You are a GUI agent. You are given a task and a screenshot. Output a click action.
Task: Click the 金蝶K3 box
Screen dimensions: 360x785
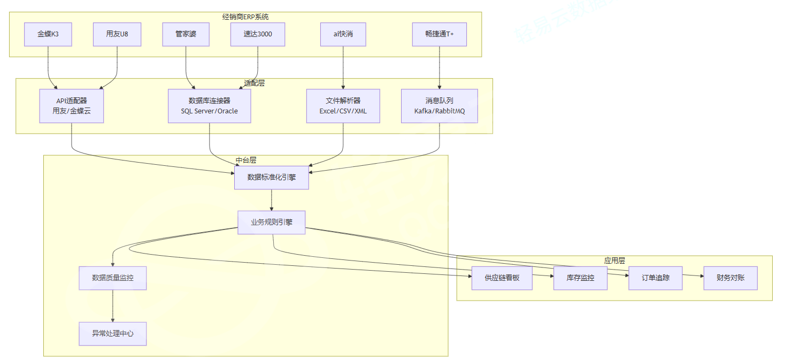pos(48,34)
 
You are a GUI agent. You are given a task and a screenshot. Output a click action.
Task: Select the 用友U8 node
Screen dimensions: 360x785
pos(117,34)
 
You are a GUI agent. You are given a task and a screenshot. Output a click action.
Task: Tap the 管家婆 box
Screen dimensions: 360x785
pos(186,34)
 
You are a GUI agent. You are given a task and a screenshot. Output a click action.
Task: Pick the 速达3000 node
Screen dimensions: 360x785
pos(258,34)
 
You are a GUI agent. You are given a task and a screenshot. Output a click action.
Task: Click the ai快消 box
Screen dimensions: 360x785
pos(343,34)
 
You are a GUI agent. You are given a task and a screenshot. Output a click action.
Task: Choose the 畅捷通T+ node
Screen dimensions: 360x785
pos(439,34)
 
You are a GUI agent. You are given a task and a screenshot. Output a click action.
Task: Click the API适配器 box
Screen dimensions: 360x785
pos(72,106)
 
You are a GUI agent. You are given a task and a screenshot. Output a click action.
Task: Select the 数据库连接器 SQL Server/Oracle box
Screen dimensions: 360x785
pos(209,106)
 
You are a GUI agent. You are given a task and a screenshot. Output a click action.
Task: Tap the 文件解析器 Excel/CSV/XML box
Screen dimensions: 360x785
pos(343,106)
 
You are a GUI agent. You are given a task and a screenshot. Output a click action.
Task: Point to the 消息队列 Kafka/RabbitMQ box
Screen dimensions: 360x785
pos(439,106)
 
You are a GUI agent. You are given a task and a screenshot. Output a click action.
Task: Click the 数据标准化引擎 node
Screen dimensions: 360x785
pos(272,177)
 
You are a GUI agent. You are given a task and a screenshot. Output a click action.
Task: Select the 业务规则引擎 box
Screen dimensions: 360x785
pos(272,223)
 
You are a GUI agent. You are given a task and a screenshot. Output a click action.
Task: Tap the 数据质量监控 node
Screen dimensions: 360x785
pos(113,278)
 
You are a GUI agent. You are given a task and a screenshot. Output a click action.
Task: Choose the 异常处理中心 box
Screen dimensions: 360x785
pos(113,333)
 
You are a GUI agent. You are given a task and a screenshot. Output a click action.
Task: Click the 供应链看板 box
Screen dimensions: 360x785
pos(502,278)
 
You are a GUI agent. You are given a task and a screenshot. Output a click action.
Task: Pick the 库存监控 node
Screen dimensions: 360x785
pos(580,278)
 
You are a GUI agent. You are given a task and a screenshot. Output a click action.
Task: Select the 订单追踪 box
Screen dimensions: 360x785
pos(656,278)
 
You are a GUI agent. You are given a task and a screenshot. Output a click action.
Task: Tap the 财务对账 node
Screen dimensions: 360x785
pos(730,278)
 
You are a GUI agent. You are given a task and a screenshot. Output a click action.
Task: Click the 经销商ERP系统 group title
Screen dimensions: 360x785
pos(245,17)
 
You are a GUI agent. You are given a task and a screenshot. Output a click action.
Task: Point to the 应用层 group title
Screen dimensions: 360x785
pos(614,261)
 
